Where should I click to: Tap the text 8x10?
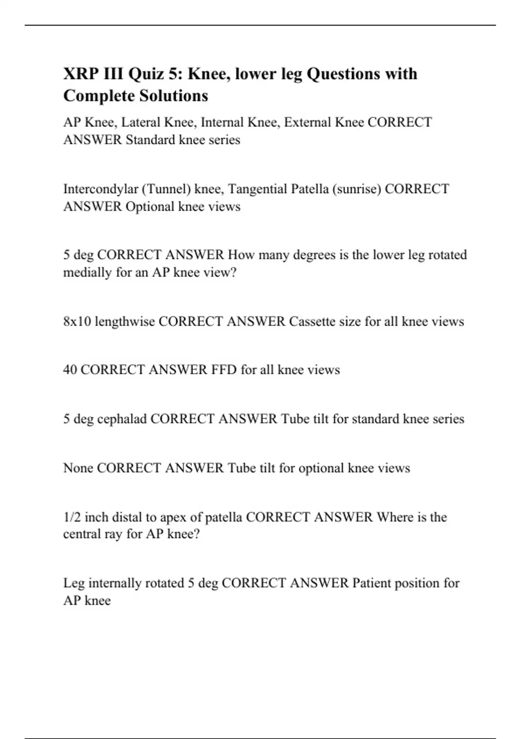coord(77,322)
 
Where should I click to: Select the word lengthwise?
coord(125,322)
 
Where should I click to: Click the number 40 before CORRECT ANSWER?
coord(70,370)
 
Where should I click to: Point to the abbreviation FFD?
coord(224,370)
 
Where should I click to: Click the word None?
coord(78,468)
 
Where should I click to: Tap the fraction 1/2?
coord(72,517)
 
